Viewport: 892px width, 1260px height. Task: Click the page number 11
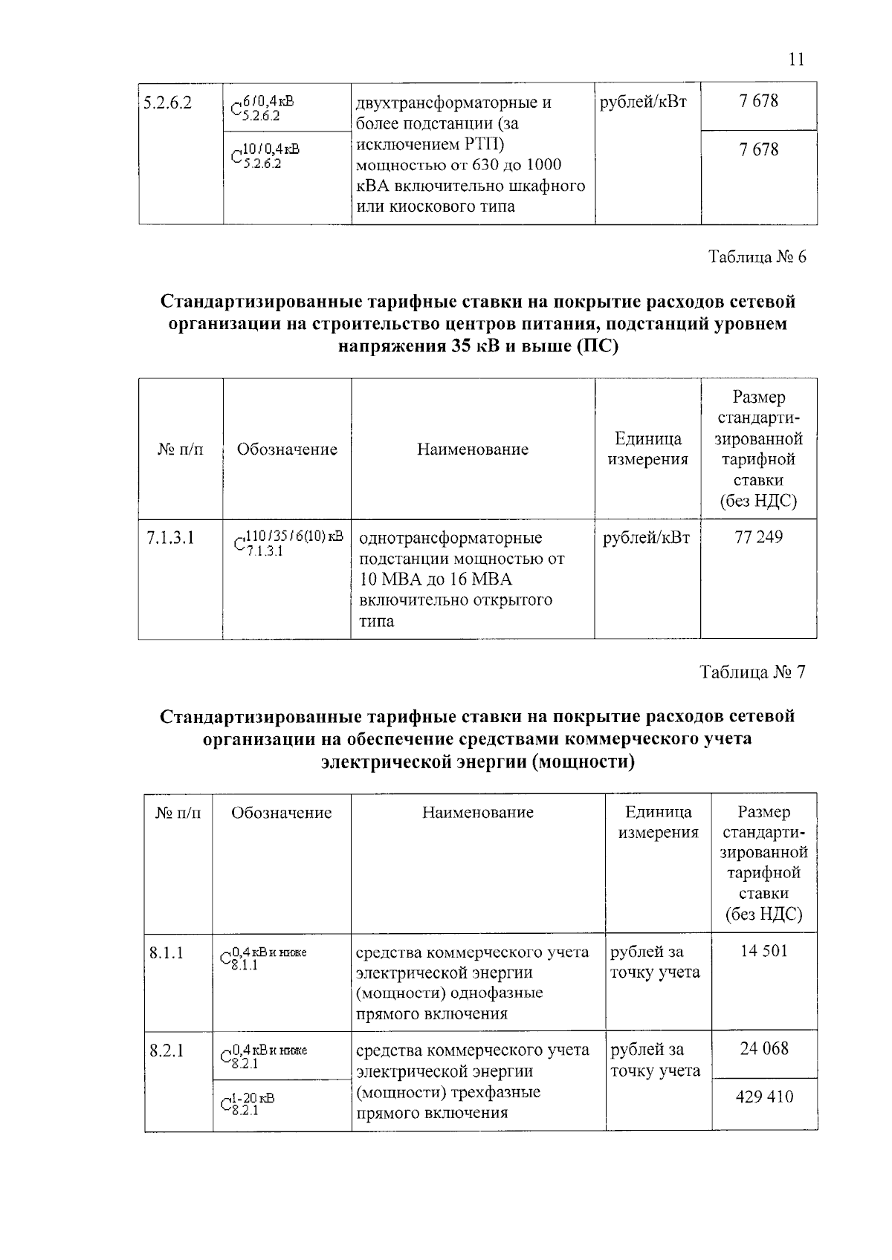(796, 59)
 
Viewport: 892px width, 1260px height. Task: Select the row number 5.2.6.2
(168, 103)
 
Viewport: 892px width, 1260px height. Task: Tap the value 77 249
(758, 537)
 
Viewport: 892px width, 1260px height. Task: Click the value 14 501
(763, 951)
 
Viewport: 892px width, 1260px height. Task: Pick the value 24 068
(764, 1049)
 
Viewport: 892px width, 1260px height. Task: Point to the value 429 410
(764, 1097)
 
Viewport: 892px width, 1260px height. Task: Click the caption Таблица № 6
(757, 257)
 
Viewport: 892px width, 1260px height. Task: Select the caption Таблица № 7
(752, 672)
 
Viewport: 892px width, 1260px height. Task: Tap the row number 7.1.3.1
(171, 538)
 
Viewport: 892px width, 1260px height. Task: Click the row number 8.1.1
(167, 952)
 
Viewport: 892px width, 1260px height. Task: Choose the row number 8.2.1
(167, 1050)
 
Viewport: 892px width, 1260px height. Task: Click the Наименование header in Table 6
(473, 449)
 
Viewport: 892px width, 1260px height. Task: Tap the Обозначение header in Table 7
(281, 813)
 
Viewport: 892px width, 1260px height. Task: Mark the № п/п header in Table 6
(181, 449)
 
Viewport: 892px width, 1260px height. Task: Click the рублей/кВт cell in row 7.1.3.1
(646, 538)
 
